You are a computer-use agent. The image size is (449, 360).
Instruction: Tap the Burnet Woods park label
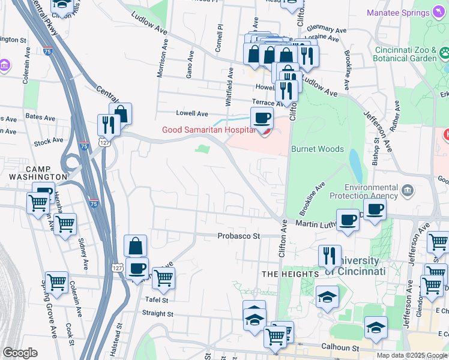(x=317, y=149)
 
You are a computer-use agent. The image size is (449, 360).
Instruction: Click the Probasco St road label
(x=238, y=236)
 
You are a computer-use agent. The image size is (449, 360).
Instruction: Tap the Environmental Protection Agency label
(x=363, y=192)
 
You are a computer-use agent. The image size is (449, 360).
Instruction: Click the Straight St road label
(x=157, y=313)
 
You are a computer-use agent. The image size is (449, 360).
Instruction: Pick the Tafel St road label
(x=156, y=299)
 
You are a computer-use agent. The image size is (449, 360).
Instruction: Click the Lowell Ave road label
(x=191, y=113)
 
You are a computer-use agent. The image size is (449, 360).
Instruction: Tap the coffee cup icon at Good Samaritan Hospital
(x=262, y=119)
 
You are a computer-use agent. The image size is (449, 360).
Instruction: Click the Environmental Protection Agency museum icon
(x=408, y=191)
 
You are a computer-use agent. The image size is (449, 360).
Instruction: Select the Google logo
(x=20, y=353)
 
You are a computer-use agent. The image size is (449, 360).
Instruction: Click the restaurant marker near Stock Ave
(x=108, y=125)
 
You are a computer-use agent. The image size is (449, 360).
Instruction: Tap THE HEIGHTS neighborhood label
(x=290, y=274)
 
